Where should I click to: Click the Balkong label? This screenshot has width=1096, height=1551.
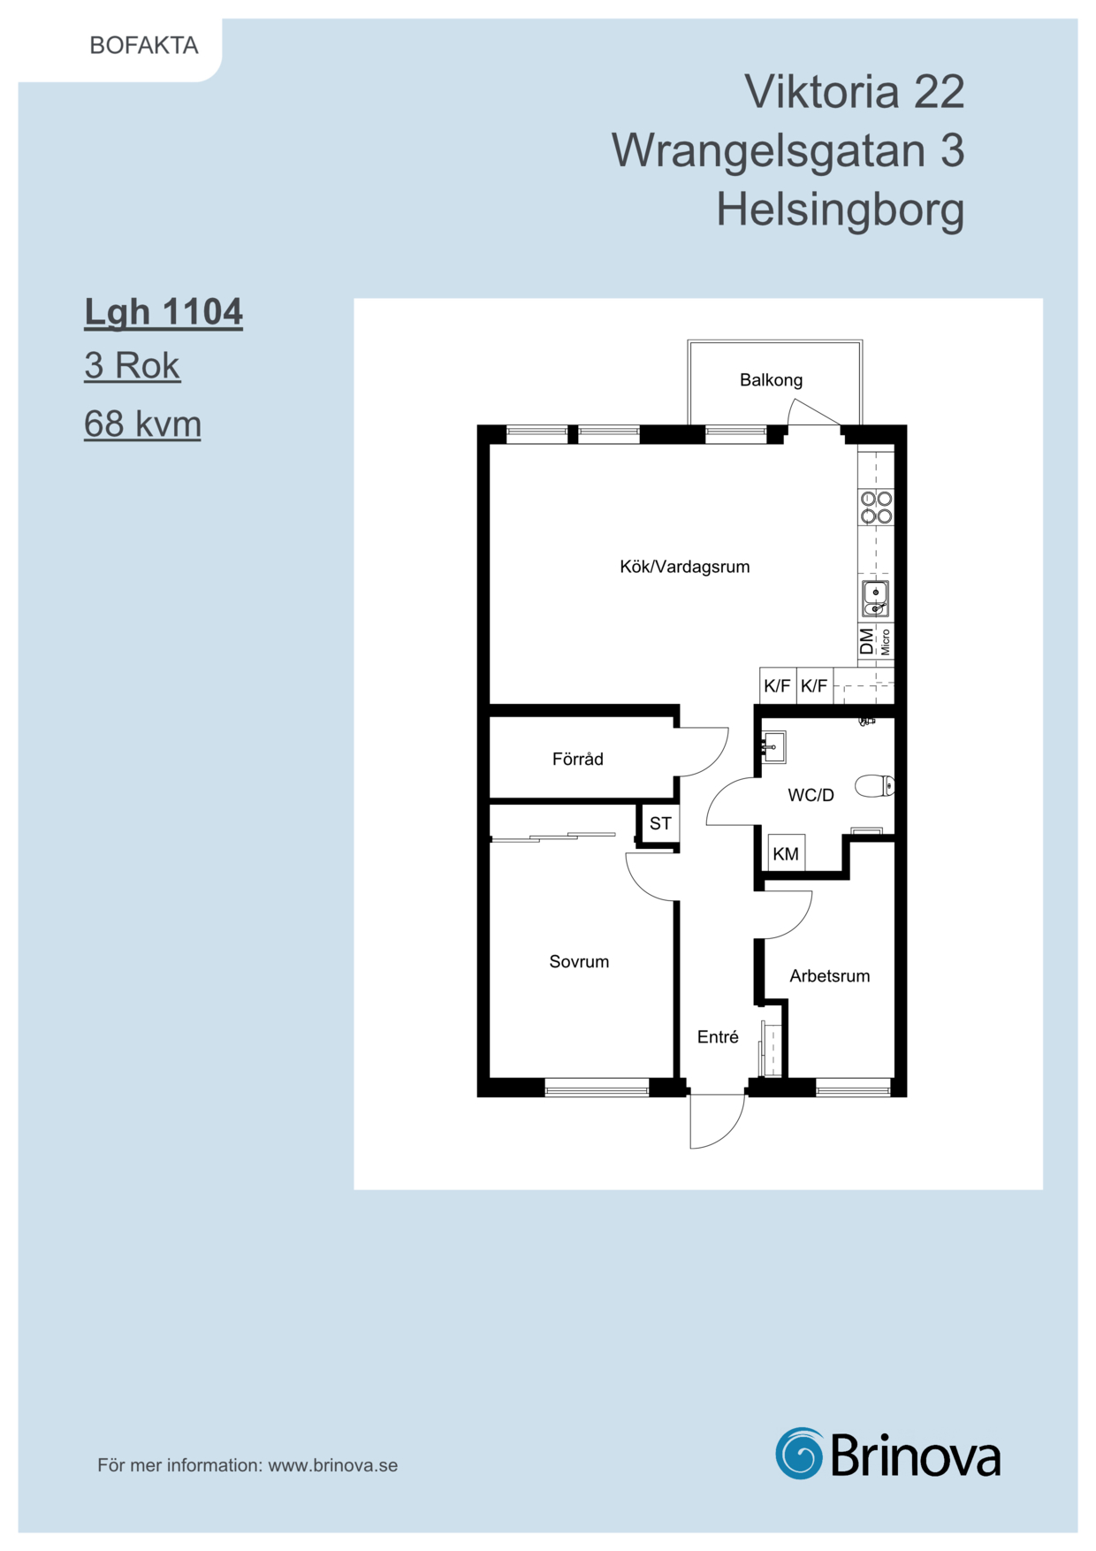click(x=771, y=380)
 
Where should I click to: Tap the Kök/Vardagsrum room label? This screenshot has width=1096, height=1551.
click(x=684, y=567)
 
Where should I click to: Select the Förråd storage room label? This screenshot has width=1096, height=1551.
click(x=577, y=759)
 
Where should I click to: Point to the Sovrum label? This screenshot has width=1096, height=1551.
click(x=579, y=961)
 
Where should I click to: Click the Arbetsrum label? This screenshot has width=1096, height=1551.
click(x=829, y=975)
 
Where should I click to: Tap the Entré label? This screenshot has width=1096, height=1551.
click(x=718, y=1036)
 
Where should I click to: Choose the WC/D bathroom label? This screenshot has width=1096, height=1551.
click(x=811, y=795)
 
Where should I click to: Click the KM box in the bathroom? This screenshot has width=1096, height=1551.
click(x=786, y=853)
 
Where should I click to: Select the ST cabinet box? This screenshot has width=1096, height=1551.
click(x=659, y=823)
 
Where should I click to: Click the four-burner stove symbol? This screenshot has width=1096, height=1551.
click(x=876, y=508)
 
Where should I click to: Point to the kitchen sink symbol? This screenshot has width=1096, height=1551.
click(x=875, y=599)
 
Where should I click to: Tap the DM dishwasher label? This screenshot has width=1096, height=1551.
click(x=866, y=641)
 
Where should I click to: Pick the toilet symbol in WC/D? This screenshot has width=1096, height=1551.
click(x=874, y=785)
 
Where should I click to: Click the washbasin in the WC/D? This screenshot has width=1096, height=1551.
click(x=773, y=747)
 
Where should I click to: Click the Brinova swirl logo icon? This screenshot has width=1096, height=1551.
click(x=799, y=1453)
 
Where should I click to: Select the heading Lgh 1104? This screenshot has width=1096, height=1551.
click(x=164, y=312)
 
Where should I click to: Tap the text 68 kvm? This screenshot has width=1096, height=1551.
click(x=142, y=424)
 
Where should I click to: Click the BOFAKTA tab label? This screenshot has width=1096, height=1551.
click(x=144, y=45)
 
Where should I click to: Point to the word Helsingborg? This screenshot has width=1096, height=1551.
click(x=840, y=210)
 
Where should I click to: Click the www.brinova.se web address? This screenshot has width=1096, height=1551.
click(x=333, y=1465)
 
